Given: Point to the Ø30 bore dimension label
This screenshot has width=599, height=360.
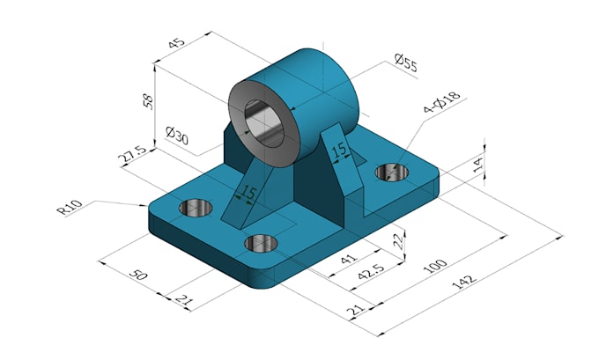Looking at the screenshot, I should [177, 135].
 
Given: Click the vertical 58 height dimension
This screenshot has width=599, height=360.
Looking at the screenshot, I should [147, 99].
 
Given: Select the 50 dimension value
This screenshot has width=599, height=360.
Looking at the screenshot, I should [139, 274].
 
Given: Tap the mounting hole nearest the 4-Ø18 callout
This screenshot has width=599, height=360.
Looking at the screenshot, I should [390, 172].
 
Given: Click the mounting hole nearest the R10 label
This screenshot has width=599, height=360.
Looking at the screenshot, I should [196, 208].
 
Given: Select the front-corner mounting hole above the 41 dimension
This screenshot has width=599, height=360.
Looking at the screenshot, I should [262, 243].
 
